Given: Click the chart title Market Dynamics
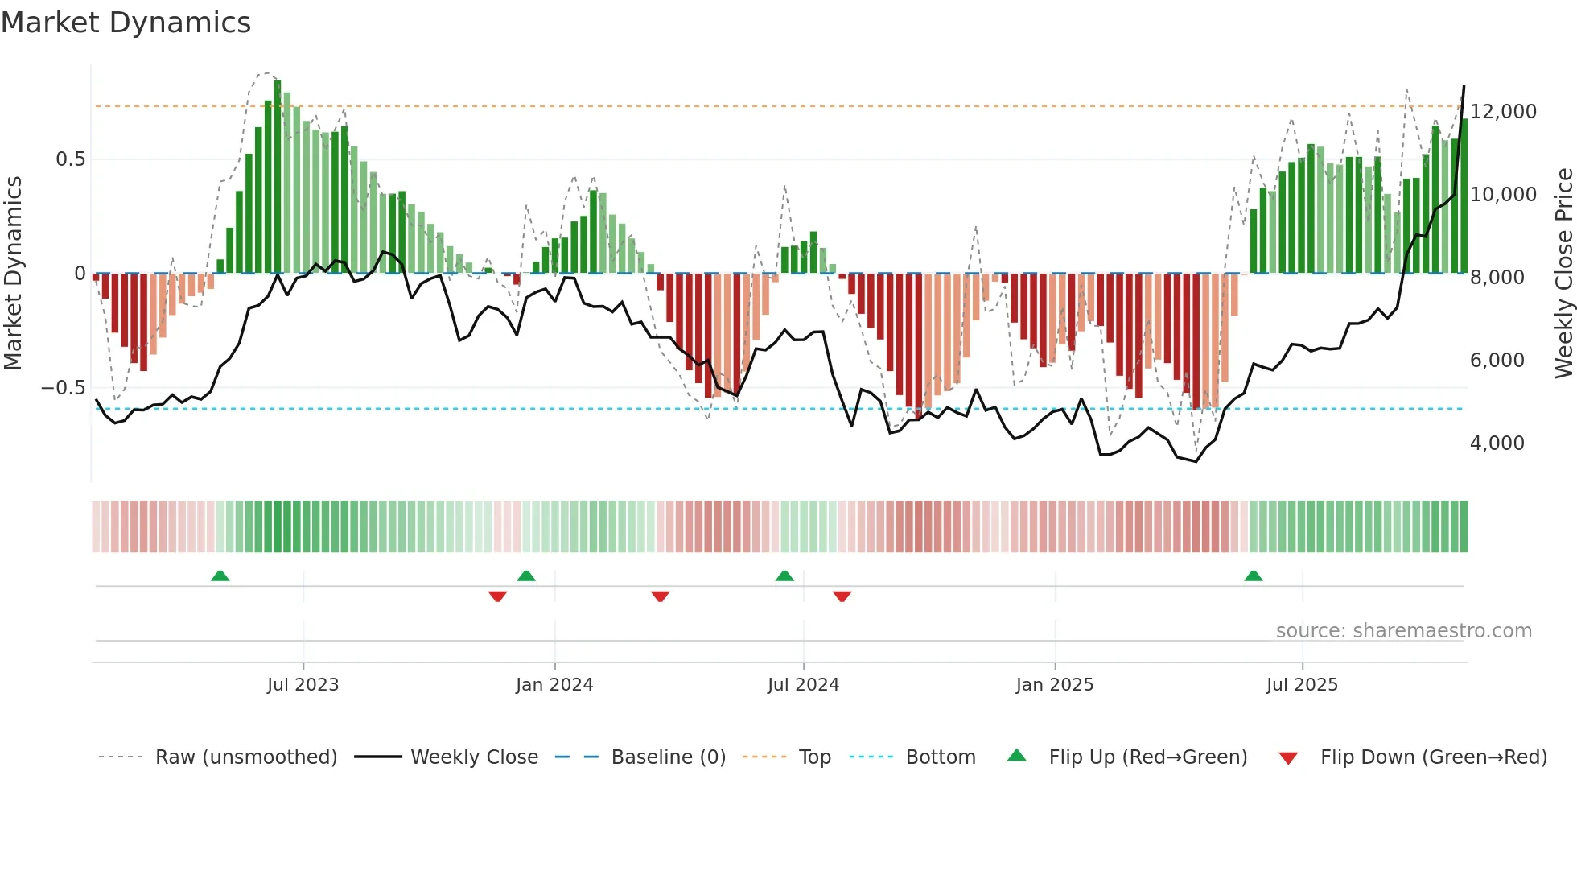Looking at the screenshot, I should click(126, 23).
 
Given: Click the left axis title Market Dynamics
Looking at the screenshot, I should click(14, 273).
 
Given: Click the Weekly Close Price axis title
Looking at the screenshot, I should click(1563, 273).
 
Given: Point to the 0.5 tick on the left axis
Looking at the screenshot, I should click(70, 159).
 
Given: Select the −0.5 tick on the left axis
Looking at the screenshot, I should click(64, 388).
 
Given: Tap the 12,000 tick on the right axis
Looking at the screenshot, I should click(1503, 111).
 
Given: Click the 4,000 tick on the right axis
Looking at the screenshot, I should click(1497, 443).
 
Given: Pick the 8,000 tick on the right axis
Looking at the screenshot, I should click(1497, 277).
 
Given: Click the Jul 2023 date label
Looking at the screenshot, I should click(303, 684).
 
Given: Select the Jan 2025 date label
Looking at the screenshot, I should click(1054, 684).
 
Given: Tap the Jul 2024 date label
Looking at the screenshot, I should click(803, 684).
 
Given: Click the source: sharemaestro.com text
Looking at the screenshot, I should click(1403, 630).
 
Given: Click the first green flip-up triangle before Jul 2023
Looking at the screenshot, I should click(220, 576).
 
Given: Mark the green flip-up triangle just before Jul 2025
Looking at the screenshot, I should click(1253, 576).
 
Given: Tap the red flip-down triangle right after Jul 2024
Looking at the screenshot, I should click(842, 596).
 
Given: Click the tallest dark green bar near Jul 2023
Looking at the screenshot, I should click(278, 177).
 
